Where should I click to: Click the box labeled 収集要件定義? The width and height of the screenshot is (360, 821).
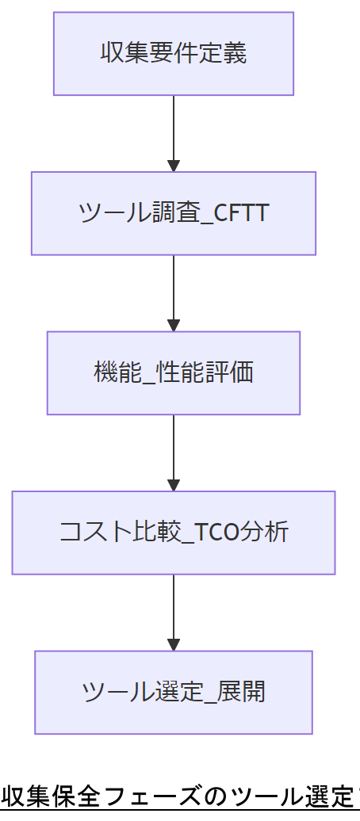click(173, 53)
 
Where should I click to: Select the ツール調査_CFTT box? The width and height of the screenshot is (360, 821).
click(173, 213)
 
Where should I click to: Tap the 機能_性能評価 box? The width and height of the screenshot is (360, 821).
click(173, 372)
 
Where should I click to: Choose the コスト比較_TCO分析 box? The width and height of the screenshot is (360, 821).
click(173, 533)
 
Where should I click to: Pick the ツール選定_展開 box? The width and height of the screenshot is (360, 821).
click(173, 692)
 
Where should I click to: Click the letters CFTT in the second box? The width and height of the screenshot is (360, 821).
click(242, 213)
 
